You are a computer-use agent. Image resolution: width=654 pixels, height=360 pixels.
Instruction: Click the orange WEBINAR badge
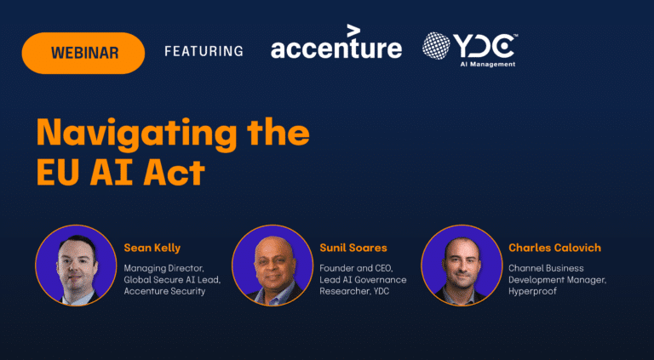pos(83,53)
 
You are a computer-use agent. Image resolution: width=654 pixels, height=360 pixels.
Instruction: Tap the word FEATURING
pos(204,51)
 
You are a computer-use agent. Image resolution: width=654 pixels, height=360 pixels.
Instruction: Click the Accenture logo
pos(336,42)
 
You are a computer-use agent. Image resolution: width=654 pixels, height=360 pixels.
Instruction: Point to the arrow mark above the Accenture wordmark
pos(353,31)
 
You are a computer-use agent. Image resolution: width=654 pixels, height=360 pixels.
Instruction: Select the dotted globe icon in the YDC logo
pos(436,46)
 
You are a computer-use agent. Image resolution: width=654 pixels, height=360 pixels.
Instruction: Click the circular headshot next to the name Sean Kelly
pos(76,266)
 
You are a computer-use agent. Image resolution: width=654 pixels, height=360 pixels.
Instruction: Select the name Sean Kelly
pos(152,249)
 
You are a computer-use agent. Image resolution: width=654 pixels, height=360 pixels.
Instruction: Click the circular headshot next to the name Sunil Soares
pos(272,266)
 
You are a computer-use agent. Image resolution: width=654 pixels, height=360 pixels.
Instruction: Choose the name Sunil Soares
pos(353,249)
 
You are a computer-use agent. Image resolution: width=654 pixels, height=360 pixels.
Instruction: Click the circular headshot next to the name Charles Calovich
pos(462,266)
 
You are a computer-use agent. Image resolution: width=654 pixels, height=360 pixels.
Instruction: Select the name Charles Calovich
pos(554,249)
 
